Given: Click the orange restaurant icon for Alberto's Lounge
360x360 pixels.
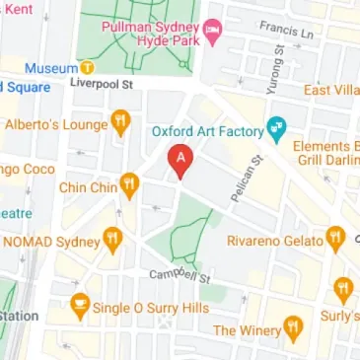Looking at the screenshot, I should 121,123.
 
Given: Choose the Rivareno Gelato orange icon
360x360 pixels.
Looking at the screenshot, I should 335,238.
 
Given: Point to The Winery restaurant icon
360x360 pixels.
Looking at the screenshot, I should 292,326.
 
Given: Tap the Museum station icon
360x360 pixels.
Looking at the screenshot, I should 87,68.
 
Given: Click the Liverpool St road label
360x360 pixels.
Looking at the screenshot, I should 102,86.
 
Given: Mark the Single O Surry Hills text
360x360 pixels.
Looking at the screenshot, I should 150,308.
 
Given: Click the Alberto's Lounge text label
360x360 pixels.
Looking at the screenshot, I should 55,124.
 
